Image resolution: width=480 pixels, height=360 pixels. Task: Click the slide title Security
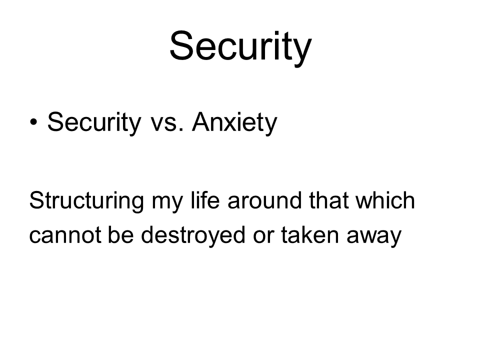point(240,47)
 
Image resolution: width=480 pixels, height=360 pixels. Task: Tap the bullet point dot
point(33,122)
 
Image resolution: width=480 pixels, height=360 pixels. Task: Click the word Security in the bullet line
point(94,123)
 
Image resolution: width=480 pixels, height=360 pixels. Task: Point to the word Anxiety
point(234,123)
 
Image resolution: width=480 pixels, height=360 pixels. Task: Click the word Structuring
point(86,201)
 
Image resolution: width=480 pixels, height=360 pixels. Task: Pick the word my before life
point(167,204)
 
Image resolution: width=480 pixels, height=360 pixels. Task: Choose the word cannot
point(65,235)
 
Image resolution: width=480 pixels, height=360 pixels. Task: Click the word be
point(121,234)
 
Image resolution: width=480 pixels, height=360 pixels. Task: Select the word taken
point(310,234)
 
